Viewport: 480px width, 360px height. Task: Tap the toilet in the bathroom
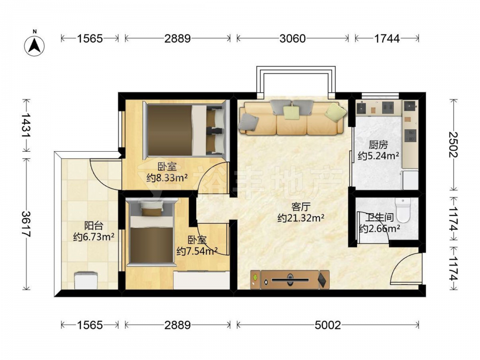click(x=403, y=210)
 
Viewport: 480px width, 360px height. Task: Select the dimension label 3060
click(x=292, y=38)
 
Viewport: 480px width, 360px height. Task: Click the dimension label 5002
click(x=327, y=325)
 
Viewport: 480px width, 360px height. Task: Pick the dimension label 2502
click(x=454, y=144)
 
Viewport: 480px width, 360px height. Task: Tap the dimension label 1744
click(x=386, y=38)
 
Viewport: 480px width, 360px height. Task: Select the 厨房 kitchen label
click(x=378, y=144)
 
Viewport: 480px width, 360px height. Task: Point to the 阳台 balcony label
click(x=94, y=226)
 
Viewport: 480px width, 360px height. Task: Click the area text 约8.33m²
click(x=167, y=178)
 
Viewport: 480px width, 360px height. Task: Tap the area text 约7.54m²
click(x=197, y=252)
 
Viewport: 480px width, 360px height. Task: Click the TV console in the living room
click(x=289, y=279)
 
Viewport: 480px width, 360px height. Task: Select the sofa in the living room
click(x=293, y=118)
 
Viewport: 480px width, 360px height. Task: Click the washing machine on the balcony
click(x=86, y=280)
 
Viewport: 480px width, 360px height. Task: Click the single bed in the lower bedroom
click(x=152, y=232)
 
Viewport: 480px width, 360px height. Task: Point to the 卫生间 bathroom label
click(x=380, y=217)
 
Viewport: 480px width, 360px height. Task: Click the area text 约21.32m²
click(x=300, y=218)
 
